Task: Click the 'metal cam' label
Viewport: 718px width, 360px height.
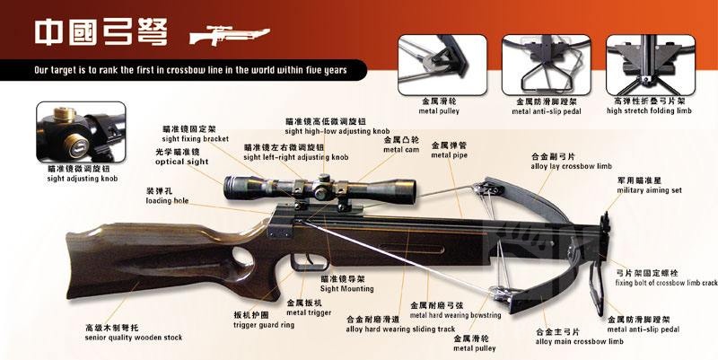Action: (400, 151)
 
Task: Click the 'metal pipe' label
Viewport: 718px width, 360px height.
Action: (447, 154)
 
